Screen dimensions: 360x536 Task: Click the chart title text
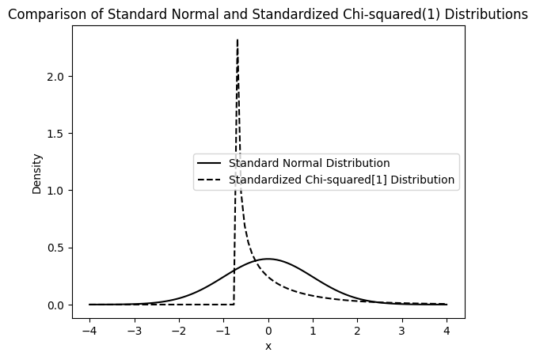click(x=268, y=14)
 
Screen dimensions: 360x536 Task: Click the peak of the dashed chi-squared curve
click(x=238, y=40)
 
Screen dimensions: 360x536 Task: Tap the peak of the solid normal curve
click(x=268, y=259)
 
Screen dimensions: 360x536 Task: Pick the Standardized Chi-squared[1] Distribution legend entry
click(x=341, y=180)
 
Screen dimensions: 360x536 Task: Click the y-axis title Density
click(x=37, y=173)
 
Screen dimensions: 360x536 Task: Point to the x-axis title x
click(x=268, y=347)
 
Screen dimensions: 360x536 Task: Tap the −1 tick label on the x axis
click(x=221, y=330)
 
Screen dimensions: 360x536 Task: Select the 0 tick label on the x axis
click(x=268, y=330)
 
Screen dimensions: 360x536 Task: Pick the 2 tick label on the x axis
click(x=358, y=330)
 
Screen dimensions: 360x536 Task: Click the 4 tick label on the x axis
click(x=447, y=330)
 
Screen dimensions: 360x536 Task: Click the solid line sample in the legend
click(x=210, y=164)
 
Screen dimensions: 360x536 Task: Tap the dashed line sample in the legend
click(x=210, y=180)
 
